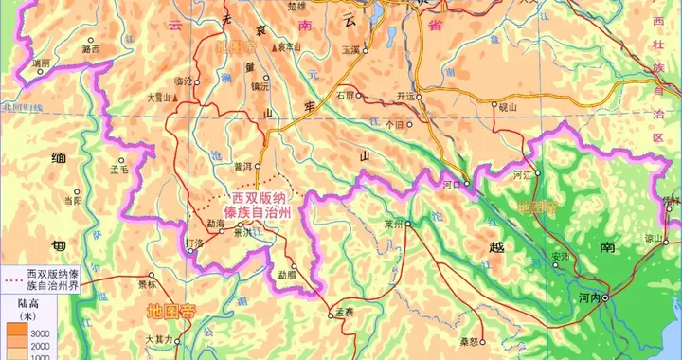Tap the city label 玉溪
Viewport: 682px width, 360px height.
350,49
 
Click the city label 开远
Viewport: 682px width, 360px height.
406,96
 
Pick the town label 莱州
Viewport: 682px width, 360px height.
392,224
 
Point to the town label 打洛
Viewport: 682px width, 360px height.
193,243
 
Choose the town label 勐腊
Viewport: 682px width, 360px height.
286,275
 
